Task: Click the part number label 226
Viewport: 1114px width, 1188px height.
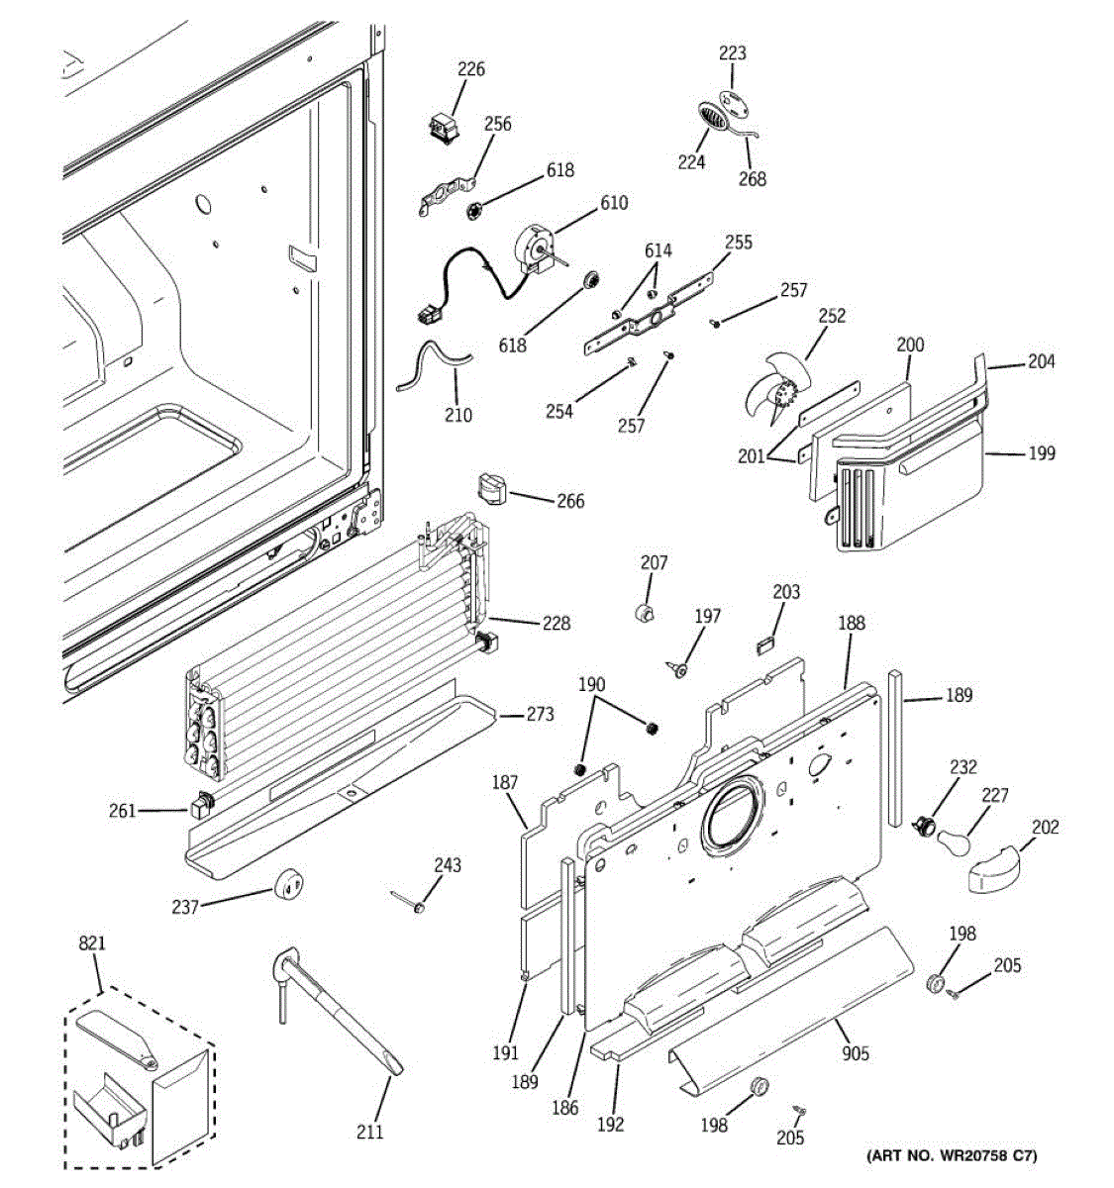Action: tap(471, 69)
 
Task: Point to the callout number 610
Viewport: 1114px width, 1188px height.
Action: tap(614, 203)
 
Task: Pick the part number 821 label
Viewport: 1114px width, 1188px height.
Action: tap(91, 945)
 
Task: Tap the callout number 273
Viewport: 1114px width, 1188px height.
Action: tap(540, 715)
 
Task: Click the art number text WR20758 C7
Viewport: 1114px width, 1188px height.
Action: tap(952, 1155)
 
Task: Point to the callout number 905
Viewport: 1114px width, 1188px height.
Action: tap(856, 1053)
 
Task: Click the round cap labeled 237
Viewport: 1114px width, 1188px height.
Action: tap(288, 880)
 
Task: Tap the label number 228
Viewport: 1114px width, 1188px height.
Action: tap(557, 624)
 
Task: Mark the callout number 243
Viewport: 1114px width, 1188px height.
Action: tap(448, 866)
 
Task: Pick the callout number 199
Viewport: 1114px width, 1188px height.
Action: tap(1042, 453)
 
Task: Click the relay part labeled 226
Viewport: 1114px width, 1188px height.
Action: tap(439, 130)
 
